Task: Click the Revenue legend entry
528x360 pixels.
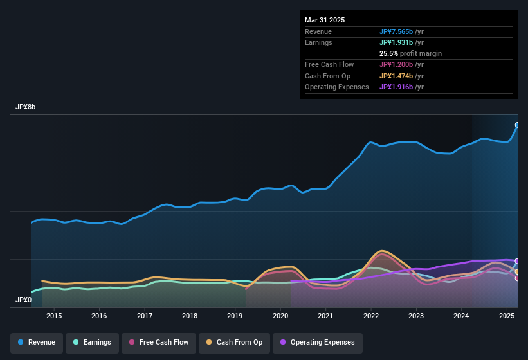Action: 37,342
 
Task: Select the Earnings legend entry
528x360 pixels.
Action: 93,342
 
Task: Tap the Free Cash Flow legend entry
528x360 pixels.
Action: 158,342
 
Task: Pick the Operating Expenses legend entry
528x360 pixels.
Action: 317,342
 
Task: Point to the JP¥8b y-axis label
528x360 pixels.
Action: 26,107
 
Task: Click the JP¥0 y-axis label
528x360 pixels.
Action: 24,300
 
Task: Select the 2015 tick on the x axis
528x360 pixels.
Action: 54,316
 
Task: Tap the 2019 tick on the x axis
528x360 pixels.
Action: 235,316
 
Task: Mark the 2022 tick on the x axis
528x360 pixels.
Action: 370,316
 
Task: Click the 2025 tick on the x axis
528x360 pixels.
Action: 507,316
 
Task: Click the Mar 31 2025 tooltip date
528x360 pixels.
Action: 325,20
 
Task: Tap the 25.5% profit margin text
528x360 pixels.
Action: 410,53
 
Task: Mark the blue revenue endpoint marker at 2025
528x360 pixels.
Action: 517,125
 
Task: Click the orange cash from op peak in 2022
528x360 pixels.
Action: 383,251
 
